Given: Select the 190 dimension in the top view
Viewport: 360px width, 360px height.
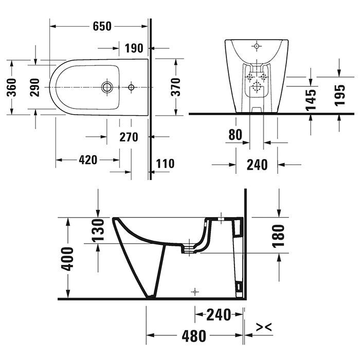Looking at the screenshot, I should [134, 48].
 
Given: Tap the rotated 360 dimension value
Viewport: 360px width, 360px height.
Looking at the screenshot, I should [16, 87].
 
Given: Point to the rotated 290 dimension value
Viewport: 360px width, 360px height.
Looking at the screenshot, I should [34, 87].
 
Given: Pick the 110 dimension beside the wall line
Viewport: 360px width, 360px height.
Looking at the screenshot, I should [165, 164].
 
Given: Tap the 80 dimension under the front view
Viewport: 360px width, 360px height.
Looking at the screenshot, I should [235, 135].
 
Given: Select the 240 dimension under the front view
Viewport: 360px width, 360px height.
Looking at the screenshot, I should [257, 165].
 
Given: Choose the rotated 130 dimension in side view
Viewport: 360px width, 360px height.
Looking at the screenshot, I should [100, 230].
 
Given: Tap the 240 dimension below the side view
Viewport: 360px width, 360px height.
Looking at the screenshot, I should [218, 315].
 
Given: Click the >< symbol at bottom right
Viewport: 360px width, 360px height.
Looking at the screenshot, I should [263, 327].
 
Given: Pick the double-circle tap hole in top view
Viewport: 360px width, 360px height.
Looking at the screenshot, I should [107, 86].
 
